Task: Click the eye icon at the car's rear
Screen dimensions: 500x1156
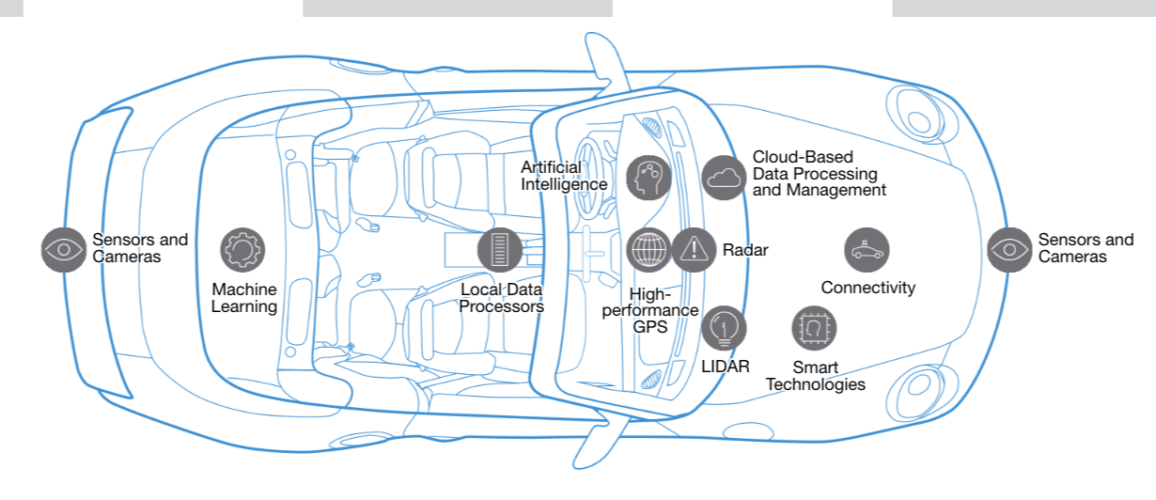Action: pos(64,249)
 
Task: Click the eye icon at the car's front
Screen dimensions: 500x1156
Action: pos(1009,249)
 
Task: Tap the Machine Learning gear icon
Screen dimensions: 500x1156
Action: pos(242,250)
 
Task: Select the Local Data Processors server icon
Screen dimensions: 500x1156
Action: pos(499,250)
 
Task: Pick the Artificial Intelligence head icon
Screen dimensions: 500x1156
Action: pos(648,177)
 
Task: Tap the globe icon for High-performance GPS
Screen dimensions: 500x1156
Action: pos(648,250)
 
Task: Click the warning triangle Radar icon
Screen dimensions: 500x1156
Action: pos(694,250)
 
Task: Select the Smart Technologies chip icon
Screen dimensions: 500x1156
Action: pos(814,326)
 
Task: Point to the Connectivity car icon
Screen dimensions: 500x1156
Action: pos(867,250)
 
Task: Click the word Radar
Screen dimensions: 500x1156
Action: pos(745,250)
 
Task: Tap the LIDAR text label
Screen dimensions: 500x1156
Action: pos(726,367)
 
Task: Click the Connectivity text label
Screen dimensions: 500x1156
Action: pos(867,288)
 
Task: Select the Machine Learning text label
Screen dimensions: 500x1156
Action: pos(243,298)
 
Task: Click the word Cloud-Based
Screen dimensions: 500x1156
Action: pos(803,158)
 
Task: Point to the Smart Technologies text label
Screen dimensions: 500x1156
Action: pos(815,376)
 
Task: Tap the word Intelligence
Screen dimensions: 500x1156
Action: pos(564,184)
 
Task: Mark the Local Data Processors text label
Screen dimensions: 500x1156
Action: pos(502,298)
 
